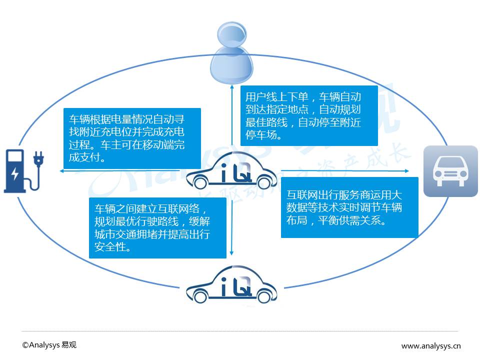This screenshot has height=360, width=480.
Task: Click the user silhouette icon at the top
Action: [x=231, y=52]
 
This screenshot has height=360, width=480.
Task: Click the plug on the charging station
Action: [x=38, y=159]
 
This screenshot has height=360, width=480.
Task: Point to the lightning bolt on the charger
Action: [x=14, y=173]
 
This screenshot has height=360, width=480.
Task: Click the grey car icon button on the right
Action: [x=450, y=171]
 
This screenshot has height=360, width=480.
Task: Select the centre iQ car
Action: [x=231, y=170]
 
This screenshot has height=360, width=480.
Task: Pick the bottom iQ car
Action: [x=231, y=284]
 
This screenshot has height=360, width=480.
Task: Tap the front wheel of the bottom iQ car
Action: [x=200, y=296]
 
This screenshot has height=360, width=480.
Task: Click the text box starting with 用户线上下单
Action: [x=309, y=115]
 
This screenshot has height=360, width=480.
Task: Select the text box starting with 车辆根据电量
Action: [x=132, y=138]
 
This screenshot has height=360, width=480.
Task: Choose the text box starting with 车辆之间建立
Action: [x=157, y=228]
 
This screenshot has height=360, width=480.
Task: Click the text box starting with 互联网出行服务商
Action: [x=349, y=207]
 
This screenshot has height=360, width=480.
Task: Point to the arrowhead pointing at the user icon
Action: [x=232, y=87]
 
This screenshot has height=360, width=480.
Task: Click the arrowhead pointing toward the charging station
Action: [x=62, y=171]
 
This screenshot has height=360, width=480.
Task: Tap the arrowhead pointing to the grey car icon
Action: [x=406, y=171]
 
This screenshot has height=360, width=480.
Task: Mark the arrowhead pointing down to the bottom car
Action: [x=231, y=253]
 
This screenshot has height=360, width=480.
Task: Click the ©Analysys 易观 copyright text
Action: [x=49, y=345]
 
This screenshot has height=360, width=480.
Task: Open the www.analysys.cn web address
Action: [x=431, y=346]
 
